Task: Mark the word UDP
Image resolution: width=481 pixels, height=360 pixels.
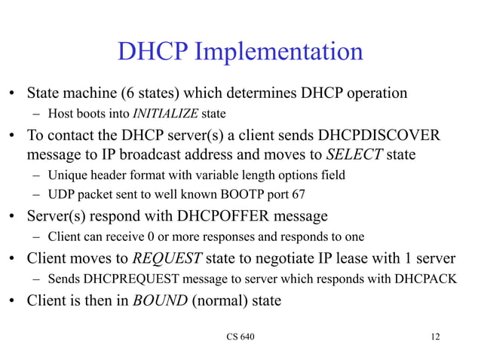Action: click(x=60, y=194)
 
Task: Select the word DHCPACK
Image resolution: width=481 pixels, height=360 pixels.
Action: click(x=427, y=278)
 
